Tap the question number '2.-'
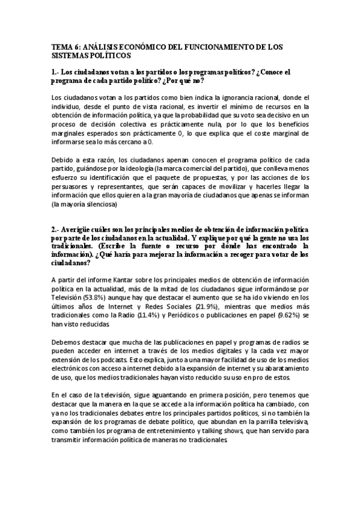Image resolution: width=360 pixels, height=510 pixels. pos(57,230)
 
